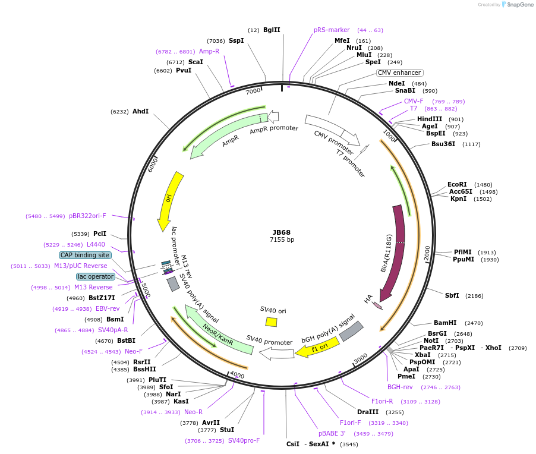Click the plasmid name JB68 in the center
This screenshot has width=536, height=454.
282,232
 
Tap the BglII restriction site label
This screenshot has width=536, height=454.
272,30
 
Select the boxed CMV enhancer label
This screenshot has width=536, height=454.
399,72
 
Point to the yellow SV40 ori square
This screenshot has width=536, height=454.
271,321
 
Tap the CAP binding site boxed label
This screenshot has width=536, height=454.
85,255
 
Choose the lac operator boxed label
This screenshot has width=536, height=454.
94,276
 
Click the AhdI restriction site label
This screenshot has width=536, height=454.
141,111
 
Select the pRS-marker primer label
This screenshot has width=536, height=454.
332,30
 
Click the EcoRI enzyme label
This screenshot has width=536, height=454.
457,184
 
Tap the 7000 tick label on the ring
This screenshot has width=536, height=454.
254,92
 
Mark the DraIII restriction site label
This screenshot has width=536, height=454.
368,412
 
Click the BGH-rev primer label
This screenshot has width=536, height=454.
400,387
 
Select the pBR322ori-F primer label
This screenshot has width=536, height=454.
87,216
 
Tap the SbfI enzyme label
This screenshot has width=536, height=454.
452,295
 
